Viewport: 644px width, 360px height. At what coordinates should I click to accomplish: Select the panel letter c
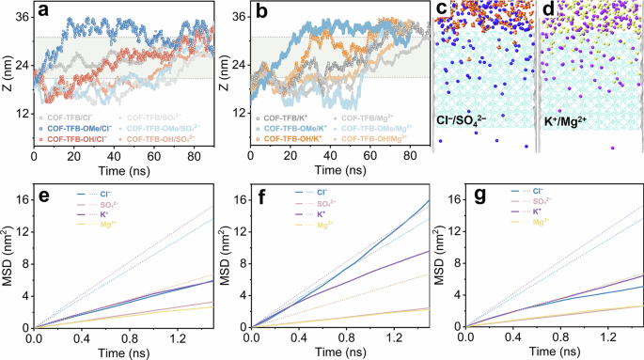[x=443, y=11]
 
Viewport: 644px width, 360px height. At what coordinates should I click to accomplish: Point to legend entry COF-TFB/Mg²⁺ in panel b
[x=370, y=116]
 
